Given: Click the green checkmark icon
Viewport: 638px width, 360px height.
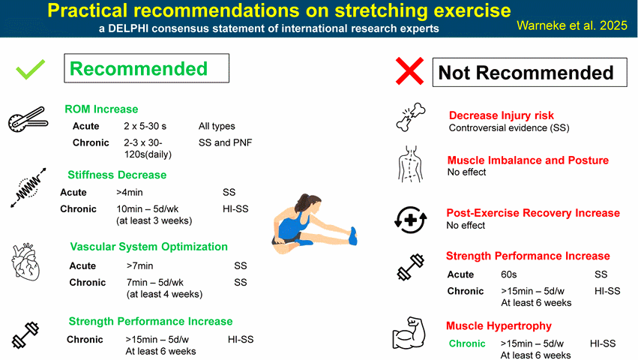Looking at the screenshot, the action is click(31, 70).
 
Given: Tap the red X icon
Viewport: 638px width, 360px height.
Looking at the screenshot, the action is click(409, 71).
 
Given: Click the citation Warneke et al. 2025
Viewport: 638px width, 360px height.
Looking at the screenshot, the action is click(572, 25).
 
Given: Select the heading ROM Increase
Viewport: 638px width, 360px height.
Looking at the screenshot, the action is click(101, 109).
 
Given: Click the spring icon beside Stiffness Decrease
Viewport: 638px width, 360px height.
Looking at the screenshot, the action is click(28, 187).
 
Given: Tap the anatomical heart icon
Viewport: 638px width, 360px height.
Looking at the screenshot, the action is click(25, 262).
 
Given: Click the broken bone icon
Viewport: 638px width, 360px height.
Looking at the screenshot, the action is click(411, 117).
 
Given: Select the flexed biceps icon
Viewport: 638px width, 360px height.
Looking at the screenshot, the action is click(409, 333).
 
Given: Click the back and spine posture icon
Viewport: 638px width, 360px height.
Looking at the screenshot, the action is click(410, 164).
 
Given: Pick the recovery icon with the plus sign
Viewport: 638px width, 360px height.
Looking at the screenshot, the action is click(411, 220).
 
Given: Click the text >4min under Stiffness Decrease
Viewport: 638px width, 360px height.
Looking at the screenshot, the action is click(130, 192).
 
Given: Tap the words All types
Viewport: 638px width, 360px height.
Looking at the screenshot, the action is click(217, 126).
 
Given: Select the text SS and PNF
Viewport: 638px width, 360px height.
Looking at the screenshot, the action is click(226, 143).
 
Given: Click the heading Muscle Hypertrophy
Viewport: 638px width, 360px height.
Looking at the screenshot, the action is click(499, 325).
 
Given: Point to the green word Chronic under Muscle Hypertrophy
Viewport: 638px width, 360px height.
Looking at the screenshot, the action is click(467, 343).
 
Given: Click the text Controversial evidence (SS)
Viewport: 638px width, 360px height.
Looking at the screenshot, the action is click(509, 127).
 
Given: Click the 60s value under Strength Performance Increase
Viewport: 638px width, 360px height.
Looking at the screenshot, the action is click(508, 275).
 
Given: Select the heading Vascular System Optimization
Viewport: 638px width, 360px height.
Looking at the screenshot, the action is click(149, 247).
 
